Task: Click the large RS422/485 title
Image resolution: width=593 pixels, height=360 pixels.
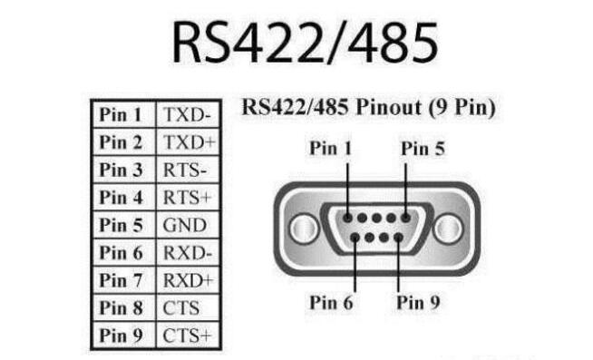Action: pos(296,44)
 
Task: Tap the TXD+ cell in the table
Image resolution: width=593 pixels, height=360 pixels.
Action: pos(187,142)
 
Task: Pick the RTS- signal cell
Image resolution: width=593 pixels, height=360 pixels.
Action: pos(186,170)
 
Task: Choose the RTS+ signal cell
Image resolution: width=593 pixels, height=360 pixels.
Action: pos(187,197)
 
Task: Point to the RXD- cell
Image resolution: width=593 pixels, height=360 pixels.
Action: pos(187,252)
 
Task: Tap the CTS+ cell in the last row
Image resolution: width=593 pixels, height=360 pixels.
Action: pos(187,336)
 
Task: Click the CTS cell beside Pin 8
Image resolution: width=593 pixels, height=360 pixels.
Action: pos(181,307)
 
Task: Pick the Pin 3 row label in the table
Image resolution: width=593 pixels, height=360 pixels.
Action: pos(122,170)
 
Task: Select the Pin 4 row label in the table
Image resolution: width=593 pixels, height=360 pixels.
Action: pos(122,197)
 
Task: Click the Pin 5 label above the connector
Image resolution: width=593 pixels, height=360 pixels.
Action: pos(423,148)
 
